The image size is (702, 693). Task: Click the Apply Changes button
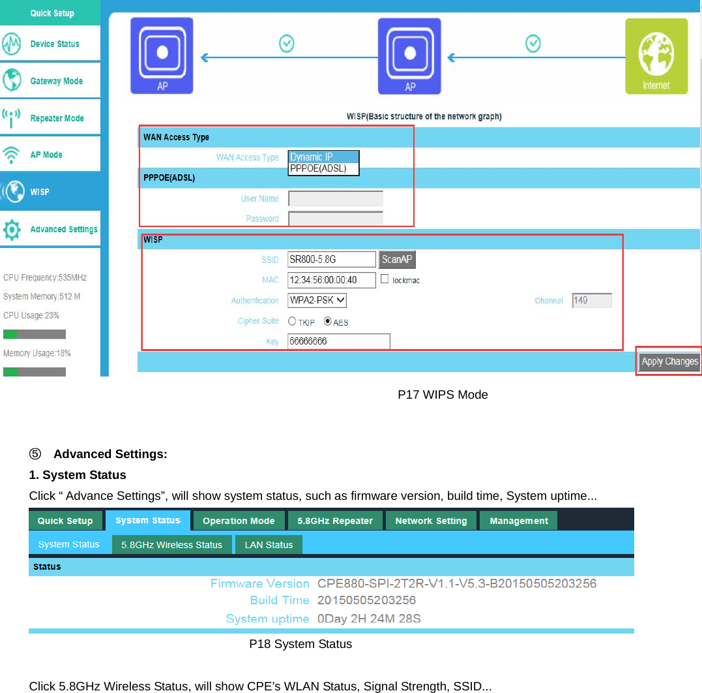click(669, 362)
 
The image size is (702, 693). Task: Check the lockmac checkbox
click(385, 279)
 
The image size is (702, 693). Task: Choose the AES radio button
click(328, 322)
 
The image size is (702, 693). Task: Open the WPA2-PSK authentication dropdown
click(317, 300)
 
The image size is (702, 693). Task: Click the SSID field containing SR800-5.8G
click(332, 260)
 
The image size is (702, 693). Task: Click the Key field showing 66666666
click(338, 341)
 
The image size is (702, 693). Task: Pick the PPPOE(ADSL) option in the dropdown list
click(323, 168)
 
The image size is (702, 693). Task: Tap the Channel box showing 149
click(592, 300)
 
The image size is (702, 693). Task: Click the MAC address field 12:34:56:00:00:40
click(332, 280)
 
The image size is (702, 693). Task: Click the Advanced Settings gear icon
click(12, 230)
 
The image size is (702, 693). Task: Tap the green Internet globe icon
click(656, 56)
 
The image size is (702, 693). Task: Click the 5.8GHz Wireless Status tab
click(171, 545)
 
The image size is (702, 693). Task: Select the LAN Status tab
click(269, 545)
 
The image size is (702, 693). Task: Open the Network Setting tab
click(431, 521)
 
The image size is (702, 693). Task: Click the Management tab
click(518, 521)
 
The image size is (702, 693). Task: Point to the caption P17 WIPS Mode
click(443, 395)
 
